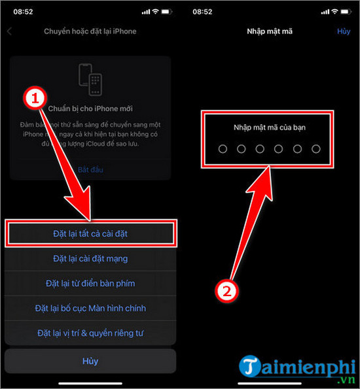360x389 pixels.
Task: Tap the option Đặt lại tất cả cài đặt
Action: (90, 233)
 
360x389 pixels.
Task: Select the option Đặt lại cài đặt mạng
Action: (90, 258)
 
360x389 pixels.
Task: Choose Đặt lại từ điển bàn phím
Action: (90, 283)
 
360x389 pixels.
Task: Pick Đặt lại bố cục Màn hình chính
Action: (90, 308)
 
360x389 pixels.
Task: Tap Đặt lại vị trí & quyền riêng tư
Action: (90, 332)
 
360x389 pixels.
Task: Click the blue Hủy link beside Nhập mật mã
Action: (344, 31)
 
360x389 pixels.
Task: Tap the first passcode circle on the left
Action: (223, 149)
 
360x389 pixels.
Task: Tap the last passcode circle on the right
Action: (316, 149)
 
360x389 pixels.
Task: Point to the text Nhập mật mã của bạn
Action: (270, 127)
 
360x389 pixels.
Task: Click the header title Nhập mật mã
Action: (270, 31)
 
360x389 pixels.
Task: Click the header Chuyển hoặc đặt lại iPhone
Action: (91, 31)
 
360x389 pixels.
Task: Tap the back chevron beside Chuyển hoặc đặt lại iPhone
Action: (10, 31)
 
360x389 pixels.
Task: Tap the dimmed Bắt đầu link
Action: (90, 169)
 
